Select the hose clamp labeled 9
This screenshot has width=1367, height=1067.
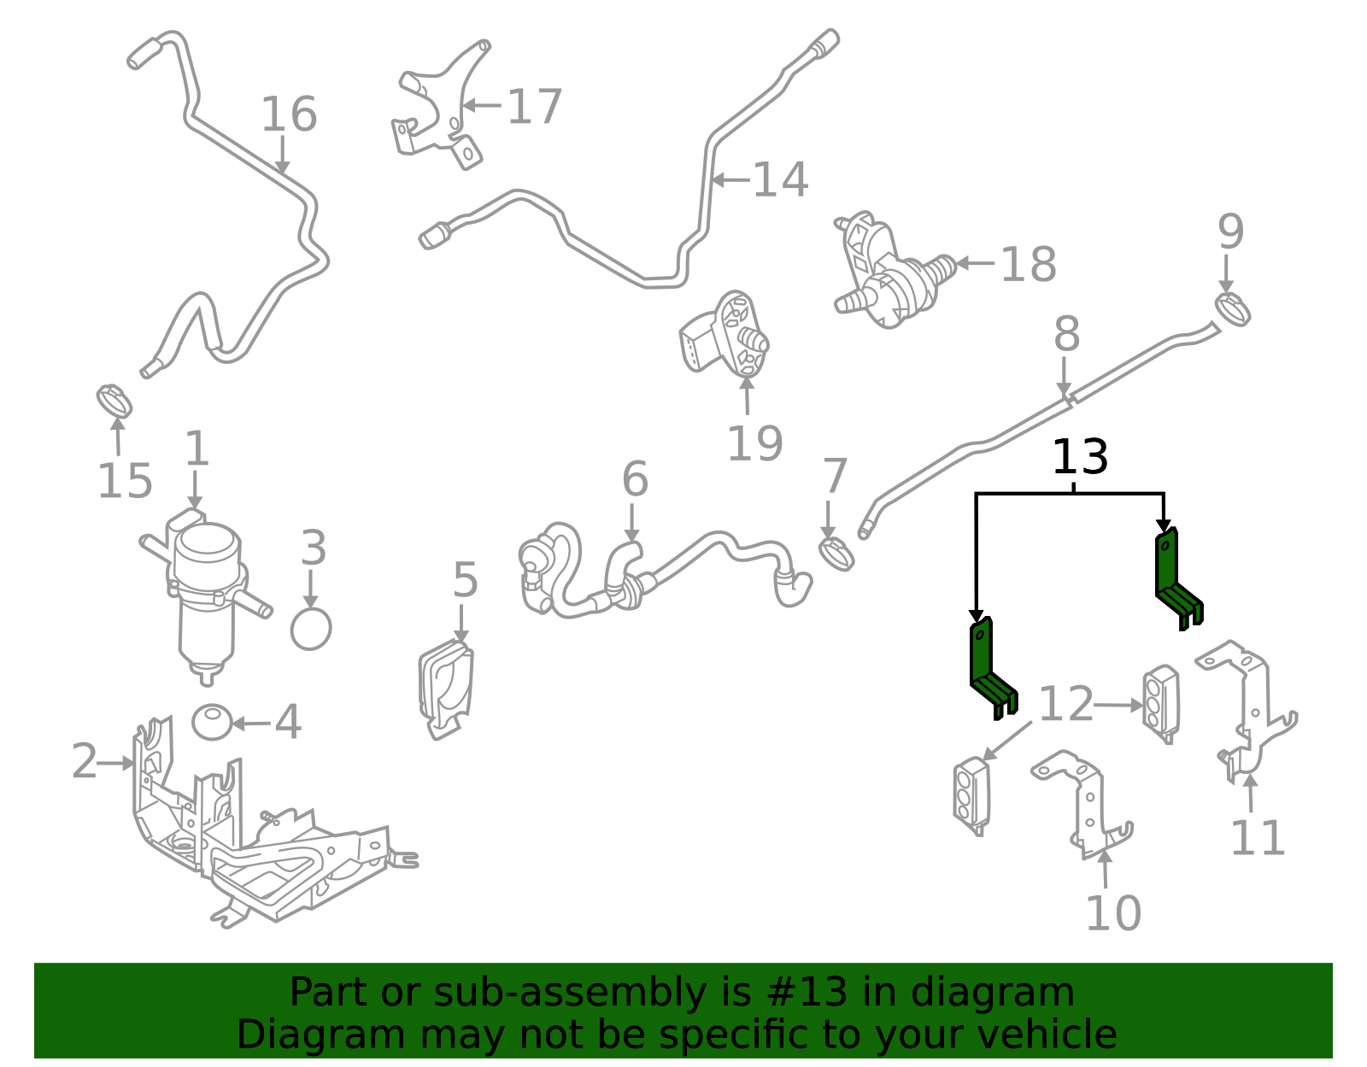[1232, 309]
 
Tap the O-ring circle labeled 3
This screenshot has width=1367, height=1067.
[311, 629]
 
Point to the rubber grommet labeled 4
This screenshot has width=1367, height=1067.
[212, 722]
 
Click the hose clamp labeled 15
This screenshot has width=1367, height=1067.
[114, 402]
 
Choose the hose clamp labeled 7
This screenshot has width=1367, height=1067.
[836, 554]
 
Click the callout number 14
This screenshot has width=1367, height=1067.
[780, 179]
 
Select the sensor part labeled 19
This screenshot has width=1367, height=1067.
[725, 334]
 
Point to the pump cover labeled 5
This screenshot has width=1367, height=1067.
[446, 689]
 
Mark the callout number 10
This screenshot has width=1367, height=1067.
[1113, 913]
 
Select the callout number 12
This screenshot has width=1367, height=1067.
[1066, 704]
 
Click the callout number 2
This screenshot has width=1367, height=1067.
[85, 761]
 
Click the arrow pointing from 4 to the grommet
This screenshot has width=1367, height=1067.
[252, 724]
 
